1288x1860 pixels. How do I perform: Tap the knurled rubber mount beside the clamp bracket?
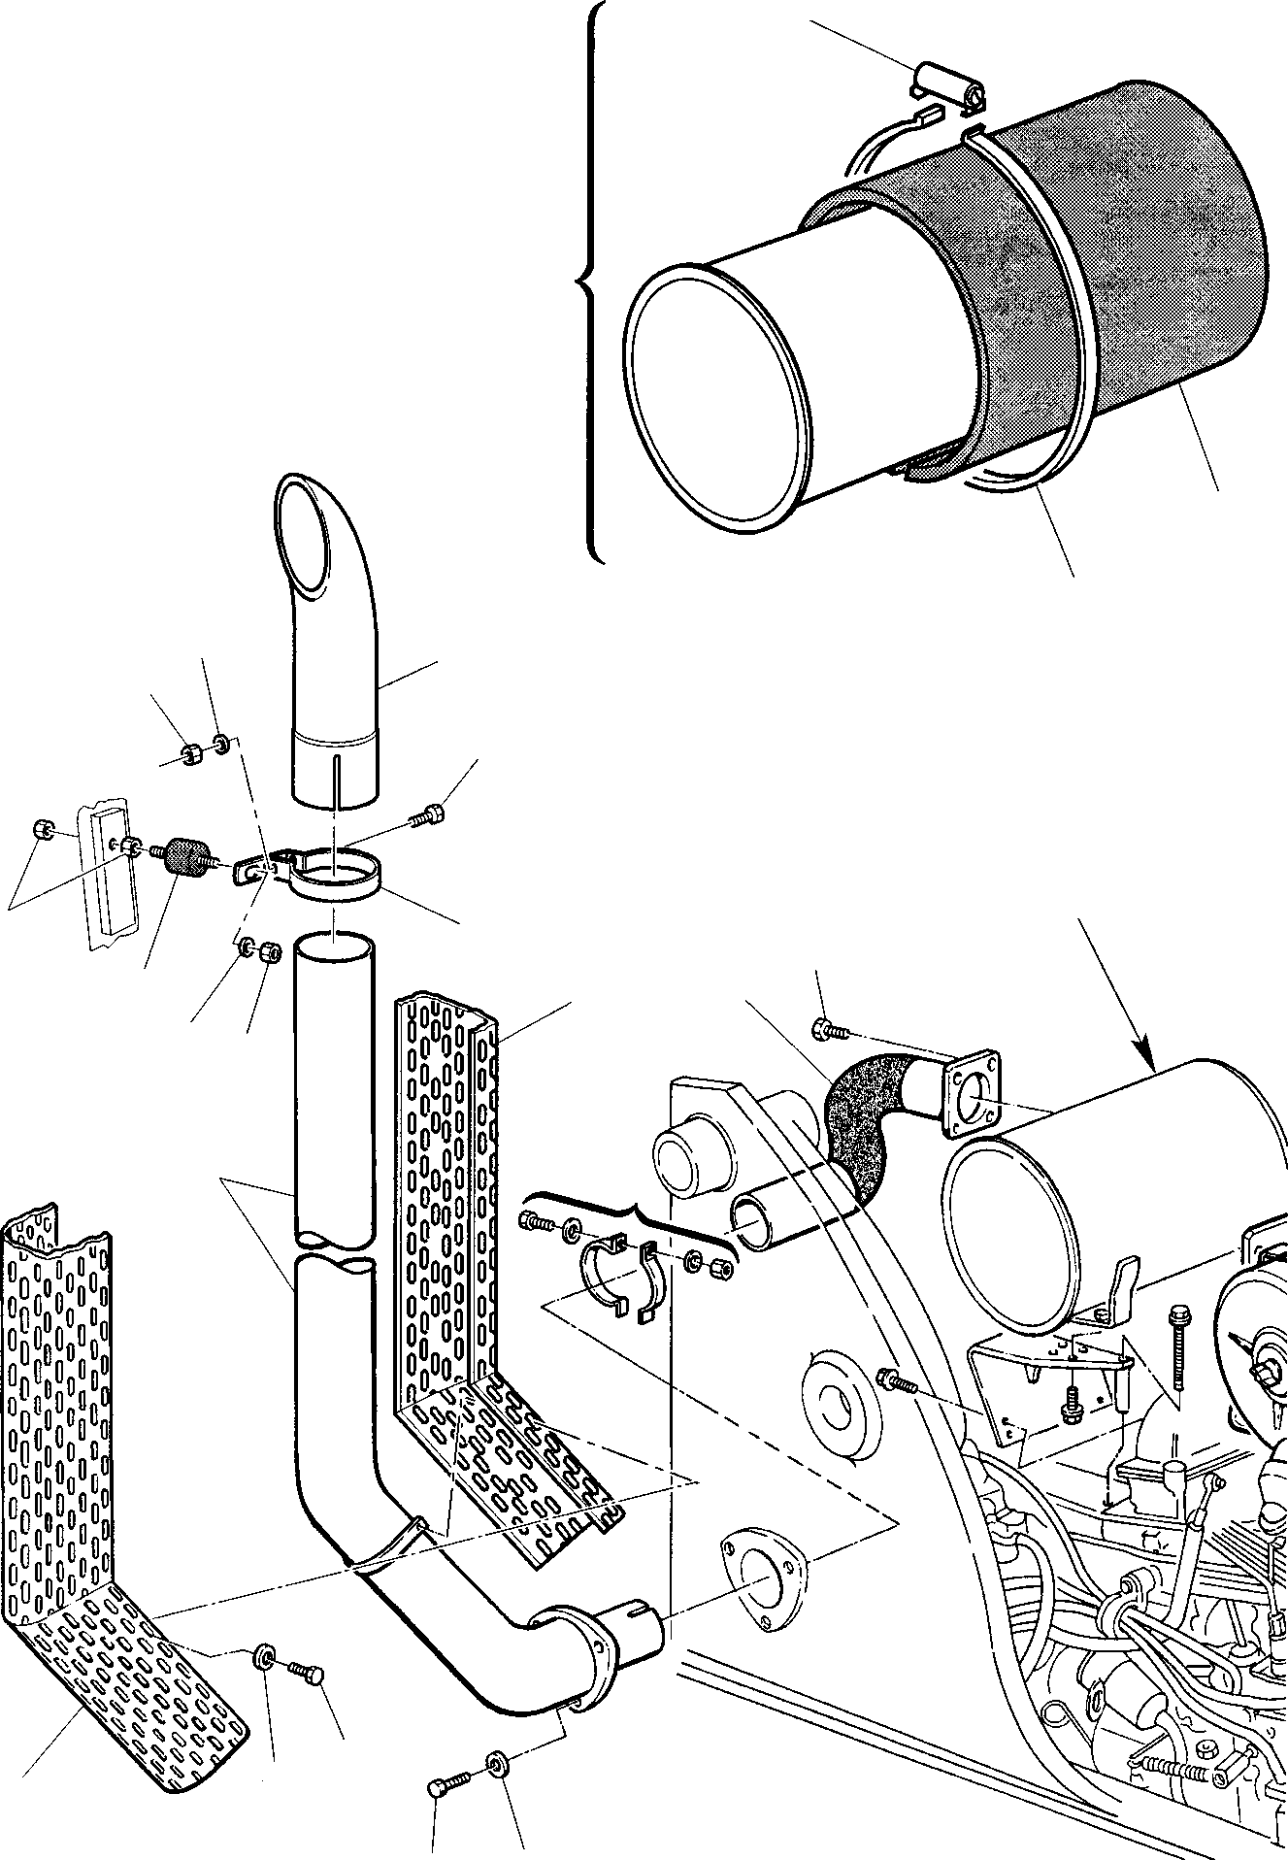pos(183,857)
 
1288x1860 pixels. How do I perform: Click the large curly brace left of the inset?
pos(587,282)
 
